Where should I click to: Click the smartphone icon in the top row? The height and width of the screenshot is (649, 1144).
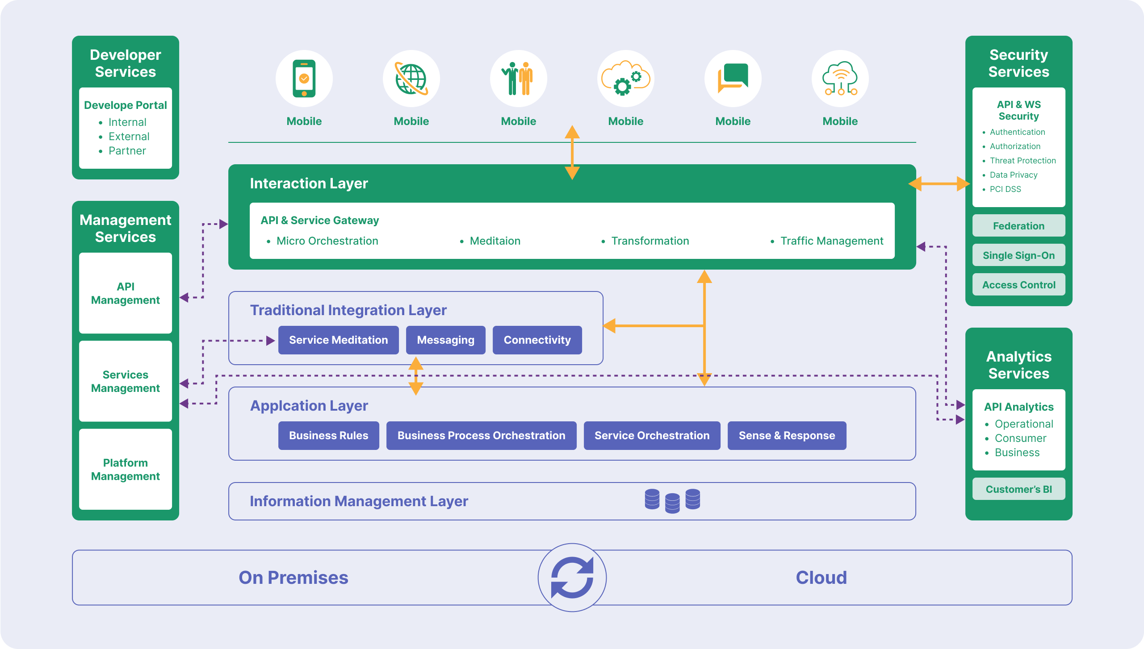[304, 79]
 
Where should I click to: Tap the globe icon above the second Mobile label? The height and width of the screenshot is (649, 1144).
[411, 79]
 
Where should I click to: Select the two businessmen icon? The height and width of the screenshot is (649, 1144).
[518, 79]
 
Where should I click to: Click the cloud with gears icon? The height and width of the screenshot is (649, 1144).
[625, 79]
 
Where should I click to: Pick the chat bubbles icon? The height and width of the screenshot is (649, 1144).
[733, 79]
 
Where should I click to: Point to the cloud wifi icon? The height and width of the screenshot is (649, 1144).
[840, 79]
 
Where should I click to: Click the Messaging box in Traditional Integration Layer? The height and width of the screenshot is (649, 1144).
[445, 340]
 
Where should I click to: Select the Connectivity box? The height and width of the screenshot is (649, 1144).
[537, 340]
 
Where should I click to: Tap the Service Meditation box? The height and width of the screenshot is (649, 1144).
[338, 340]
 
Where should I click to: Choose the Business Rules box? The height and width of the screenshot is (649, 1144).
[328, 436]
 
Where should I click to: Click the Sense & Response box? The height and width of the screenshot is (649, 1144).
[787, 436]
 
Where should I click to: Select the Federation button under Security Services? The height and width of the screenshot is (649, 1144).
[1018, 226]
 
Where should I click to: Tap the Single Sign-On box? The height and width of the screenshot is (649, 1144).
[1018, 255]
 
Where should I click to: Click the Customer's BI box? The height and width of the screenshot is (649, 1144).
[1018, 489]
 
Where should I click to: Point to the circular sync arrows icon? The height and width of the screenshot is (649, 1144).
[572, 578]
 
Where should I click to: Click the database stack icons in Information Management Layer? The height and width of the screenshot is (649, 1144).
[672, 501]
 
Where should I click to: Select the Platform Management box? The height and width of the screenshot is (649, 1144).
[125, 470]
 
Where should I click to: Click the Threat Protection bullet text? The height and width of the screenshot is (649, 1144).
[1022, 161]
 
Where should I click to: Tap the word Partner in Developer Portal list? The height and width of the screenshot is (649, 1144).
[127, 151]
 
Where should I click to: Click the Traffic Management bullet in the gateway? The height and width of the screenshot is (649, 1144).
[831, 241]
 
